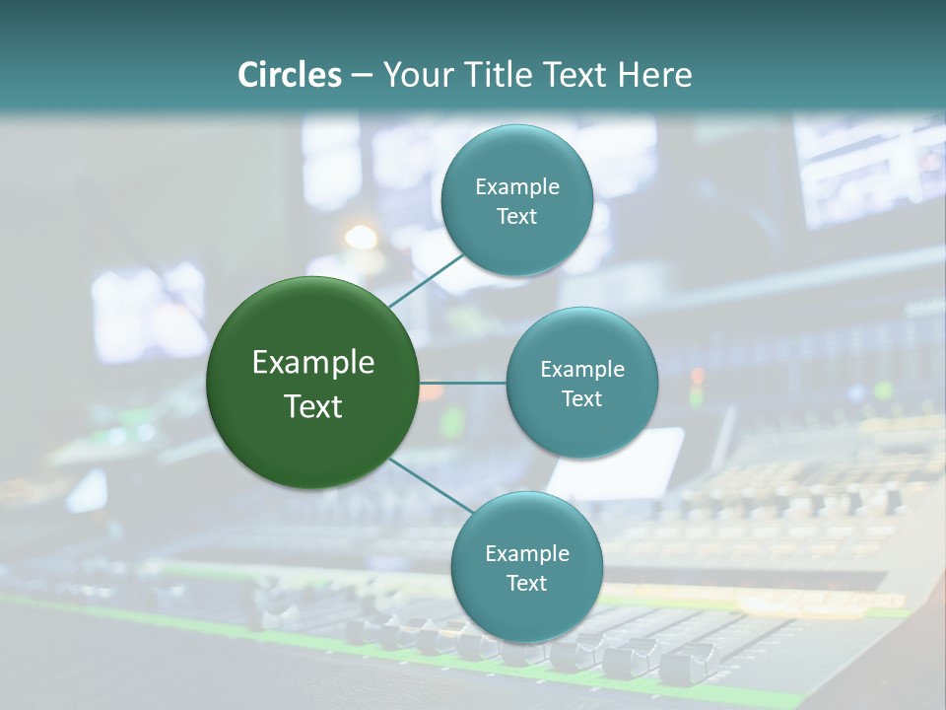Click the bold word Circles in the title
[x=290, y=75]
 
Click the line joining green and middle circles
[x=463, y=383]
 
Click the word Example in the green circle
[x=313, y=363]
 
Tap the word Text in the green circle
[x=313, y=406]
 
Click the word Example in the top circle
[x=516, y=186]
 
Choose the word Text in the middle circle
[x=581, y=398]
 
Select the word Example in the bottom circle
[x=526, y=553]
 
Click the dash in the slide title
[x=361, y=76]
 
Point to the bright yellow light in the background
[x=361, y=237]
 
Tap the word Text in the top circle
[x=516, y=216]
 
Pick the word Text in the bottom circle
[x=526, y=583]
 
